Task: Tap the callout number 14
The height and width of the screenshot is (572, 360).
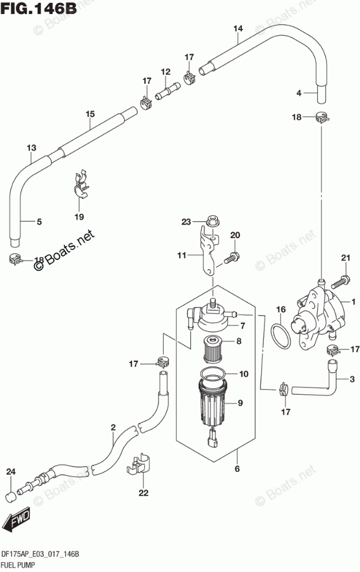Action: click(x=238, y=28)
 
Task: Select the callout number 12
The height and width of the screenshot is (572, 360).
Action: click(x=166, y=72)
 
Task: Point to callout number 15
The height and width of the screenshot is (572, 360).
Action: click(x=90, y=114)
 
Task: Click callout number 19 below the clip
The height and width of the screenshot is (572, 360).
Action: click(x=79, y=217)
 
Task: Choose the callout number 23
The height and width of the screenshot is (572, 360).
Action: click(x=186, y=222)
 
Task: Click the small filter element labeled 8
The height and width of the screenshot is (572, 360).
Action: click(x=214, y=351)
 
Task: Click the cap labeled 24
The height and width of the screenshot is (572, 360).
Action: click(x=10, y=496)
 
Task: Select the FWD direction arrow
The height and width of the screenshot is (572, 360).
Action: click(x=16, y=522)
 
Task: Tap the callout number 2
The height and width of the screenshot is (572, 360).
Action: click(x=113, y=427)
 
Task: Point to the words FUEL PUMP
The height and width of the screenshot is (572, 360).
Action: click(x=18, y=564)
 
